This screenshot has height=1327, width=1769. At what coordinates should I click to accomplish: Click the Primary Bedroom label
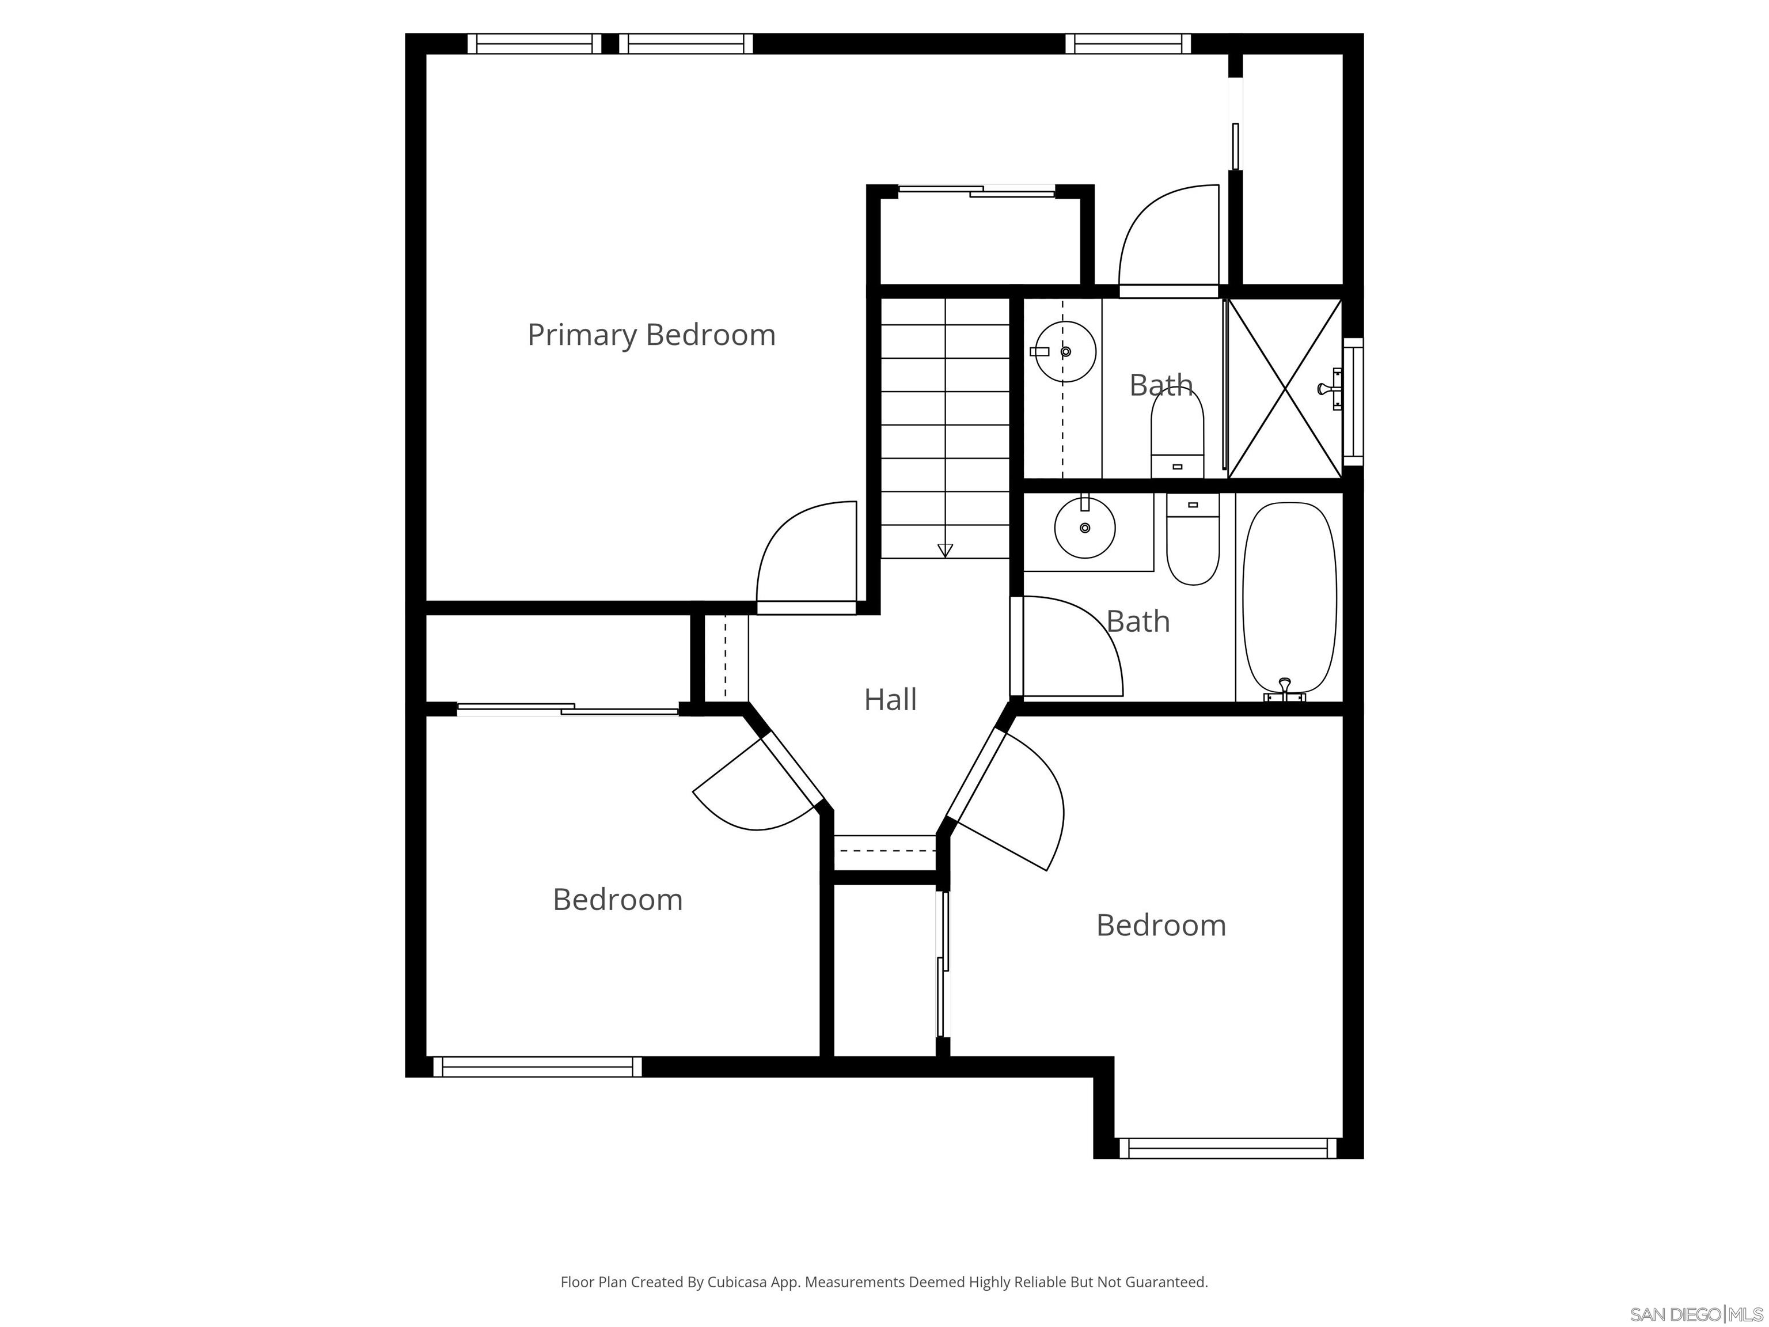click(651, 335)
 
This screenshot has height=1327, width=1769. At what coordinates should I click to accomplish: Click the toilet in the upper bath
click(1176, 436)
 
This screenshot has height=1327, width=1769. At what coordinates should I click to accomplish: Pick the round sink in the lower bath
click(1084, 528)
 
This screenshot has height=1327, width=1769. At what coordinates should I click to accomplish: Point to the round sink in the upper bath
click(1065, 352)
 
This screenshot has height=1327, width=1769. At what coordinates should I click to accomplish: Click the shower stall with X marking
click(1284, 389)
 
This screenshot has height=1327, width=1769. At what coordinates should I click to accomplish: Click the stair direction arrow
click(944, 550)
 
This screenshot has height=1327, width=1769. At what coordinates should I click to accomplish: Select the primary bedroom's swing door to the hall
click(806, 558)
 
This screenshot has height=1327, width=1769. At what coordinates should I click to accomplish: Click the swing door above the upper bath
click(1168, 240)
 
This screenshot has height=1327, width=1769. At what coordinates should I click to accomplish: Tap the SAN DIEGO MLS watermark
click(1695, 1314)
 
